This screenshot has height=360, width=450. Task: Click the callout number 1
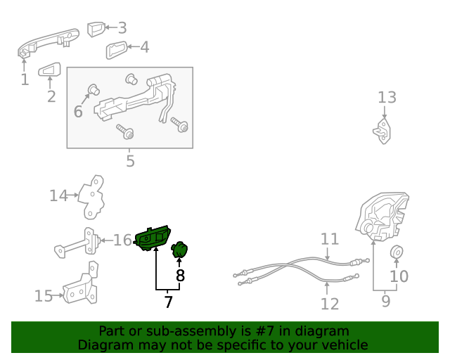pyautogui.click(x=25, y=79)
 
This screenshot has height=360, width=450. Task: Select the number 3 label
pyautogui.click(x=122, y=28)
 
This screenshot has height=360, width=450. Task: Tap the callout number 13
pyautogui.click(x=387, y=97)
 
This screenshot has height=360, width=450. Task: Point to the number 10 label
pyautogui.click(x=399, y=276)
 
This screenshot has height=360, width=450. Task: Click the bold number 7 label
pyautogui.click(x=168, y=302)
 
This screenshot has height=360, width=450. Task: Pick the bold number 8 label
pyautogui.click(x=180, y=276)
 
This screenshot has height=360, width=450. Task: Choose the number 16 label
pyautogui.click(x=122, y=240)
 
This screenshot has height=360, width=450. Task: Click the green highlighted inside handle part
pyautogui.click(x=154, y=239)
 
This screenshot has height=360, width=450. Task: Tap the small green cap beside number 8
pyautogui.click(x=180, y=250)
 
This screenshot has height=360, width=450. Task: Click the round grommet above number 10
pyautogui.click(x=397, y=252)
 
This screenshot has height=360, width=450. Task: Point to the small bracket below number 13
pyautogui.click(x=382, y=131)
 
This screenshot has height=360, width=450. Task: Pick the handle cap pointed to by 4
pyautogui.click(x=117, y=50)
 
